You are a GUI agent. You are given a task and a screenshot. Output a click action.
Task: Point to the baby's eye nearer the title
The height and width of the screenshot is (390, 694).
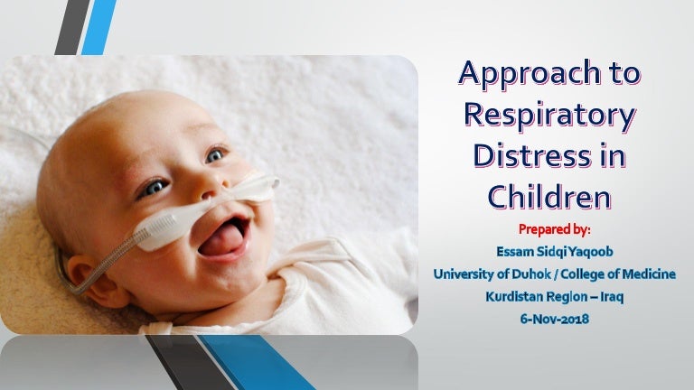[215, 155]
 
